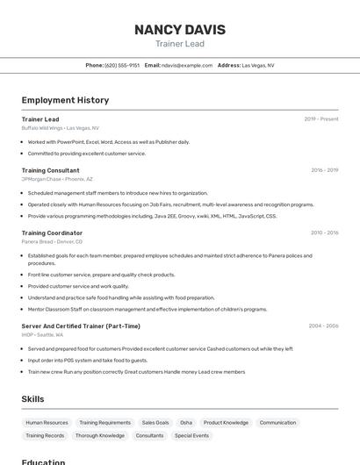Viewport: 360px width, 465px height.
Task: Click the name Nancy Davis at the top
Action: point(179,30)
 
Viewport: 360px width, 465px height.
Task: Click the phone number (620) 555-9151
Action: point(122,65)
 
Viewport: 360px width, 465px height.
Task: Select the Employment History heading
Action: point(65,100)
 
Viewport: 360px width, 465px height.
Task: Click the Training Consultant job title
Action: point(50,170)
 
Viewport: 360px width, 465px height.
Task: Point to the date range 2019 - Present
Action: point(321,119)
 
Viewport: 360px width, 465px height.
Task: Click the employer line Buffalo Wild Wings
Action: point(60,128)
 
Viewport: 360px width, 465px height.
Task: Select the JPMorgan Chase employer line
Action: point(57,179)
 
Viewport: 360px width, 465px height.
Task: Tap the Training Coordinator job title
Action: point(52,232)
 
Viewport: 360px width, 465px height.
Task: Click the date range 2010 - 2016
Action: point(324,232)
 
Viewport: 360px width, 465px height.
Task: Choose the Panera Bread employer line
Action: point(52,241)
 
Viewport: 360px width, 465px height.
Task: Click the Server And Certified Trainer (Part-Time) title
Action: point(81,325)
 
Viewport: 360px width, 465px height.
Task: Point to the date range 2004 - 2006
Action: point(323,325)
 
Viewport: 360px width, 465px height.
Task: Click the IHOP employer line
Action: point(42,334)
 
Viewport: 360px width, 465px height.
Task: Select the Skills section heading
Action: point(32,399)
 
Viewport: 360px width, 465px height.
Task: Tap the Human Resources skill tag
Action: point(47,423)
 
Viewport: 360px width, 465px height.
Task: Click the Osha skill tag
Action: point(186,423)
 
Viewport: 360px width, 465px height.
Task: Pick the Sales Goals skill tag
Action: point(155,423)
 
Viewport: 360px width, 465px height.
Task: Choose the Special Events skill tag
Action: point(191,435)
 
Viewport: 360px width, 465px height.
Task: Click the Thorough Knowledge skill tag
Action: point(100,435)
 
